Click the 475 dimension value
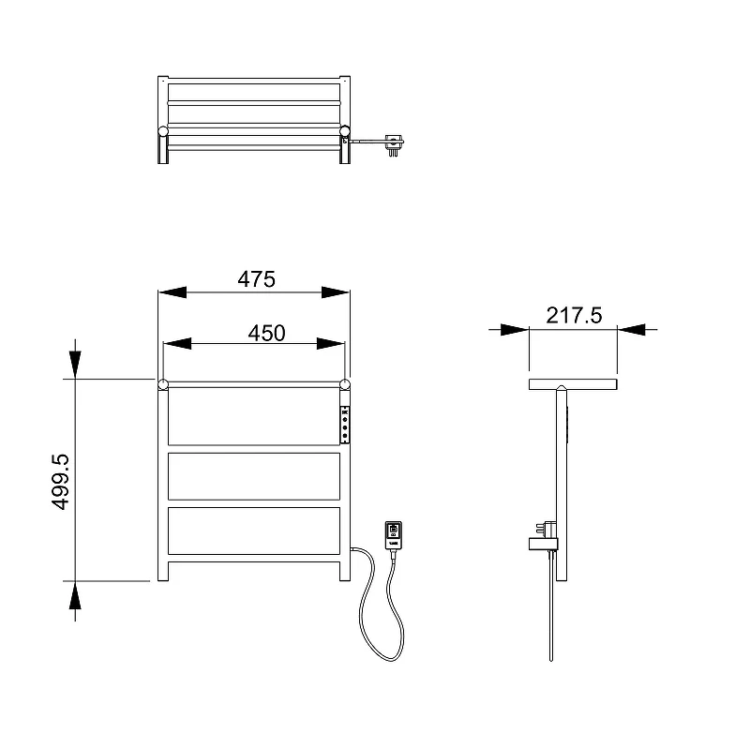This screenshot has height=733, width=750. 256,279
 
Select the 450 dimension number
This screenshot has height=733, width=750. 266,334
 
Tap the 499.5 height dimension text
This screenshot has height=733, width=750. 60,482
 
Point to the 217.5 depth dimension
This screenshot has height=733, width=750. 574,316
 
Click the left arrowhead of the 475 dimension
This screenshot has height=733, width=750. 172,292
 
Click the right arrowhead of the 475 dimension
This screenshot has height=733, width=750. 336,292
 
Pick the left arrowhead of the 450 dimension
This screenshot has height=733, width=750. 177,343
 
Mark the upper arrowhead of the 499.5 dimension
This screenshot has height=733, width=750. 75,365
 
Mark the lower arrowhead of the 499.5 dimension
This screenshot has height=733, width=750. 75,595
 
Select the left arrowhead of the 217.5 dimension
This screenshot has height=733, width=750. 515,329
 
